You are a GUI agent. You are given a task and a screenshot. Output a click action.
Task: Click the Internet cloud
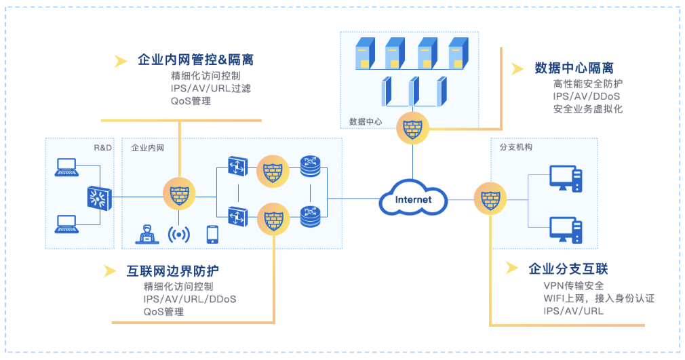(x=413, y=199)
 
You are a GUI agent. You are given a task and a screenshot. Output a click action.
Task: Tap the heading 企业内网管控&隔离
(x=195, y=60)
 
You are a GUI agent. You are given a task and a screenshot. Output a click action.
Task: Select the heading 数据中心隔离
(x=574, y=68)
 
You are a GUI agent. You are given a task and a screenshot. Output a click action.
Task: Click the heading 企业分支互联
(x=568, y=268)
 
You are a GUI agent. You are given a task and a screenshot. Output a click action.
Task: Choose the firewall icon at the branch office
(x=489, y=199)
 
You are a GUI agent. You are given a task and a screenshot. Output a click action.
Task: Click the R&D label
(x=102, y=146)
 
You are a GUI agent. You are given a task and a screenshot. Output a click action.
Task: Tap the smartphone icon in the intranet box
(x=212, y=234)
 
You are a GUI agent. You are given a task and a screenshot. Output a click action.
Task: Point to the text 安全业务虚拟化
(x=587, y=108)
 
